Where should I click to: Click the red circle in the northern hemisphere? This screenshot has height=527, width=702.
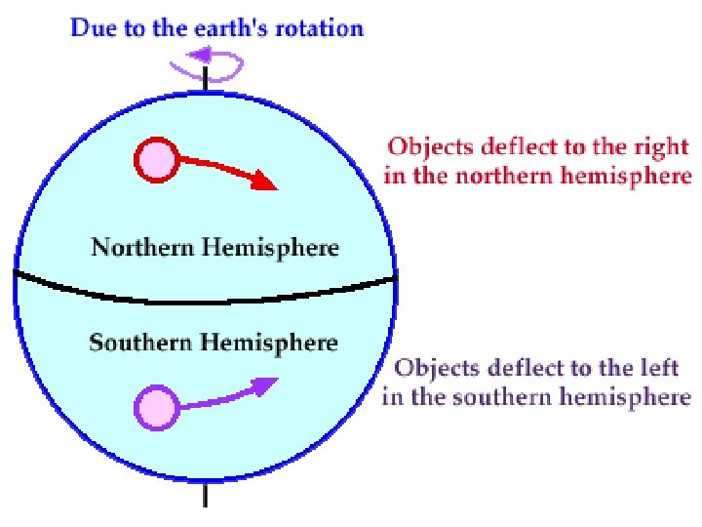(x=156, y=161)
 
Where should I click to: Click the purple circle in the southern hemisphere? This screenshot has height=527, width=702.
(x=157, y=407)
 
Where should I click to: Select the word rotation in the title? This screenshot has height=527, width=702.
(x=317, y=27)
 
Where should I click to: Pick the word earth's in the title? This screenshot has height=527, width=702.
(x=224, y=27)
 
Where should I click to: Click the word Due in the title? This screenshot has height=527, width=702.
(x=92, y=27)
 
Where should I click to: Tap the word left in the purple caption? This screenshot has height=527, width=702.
(x=661, y=370)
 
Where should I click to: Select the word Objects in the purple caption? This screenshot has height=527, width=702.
(x=428, y=370)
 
